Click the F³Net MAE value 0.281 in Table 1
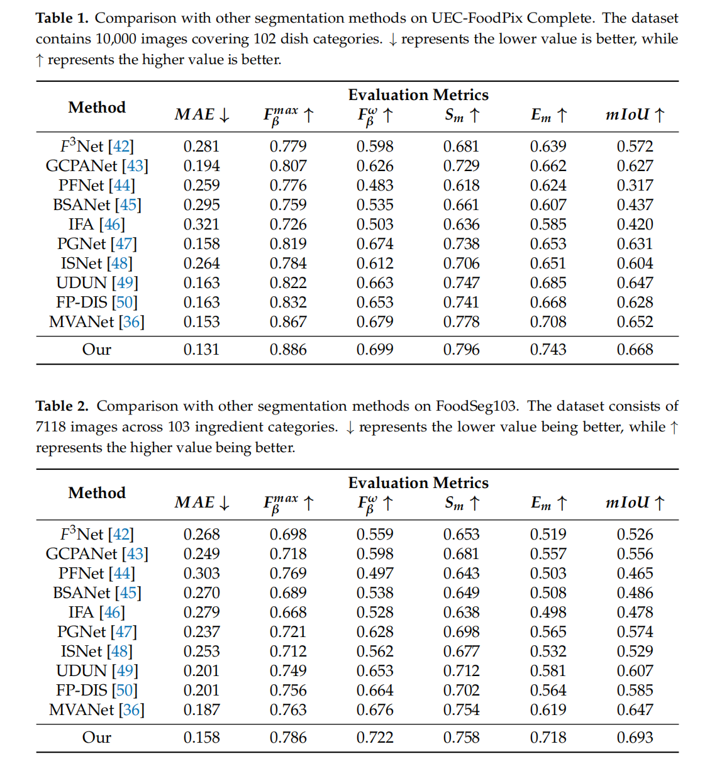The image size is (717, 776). [201, 147]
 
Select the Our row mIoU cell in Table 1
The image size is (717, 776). [635, 350]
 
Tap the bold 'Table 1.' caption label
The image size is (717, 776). [62, 18]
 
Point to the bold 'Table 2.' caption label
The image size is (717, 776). [62, 406]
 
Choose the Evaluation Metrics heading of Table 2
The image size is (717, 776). [418, 483]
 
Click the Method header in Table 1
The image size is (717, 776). [97, 108]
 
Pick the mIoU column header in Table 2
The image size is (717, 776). [635, 503]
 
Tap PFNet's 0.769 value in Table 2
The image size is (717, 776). [288, 574]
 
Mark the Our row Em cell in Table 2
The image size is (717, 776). [548, 738]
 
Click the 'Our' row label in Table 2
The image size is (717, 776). [97, 738]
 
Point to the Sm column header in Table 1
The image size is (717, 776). [462, 115]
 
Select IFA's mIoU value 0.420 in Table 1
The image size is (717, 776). [635, 224]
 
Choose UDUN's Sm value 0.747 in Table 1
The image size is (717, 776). [461, 283]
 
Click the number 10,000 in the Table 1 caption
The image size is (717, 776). [116, 39]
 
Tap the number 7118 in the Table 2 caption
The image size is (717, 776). [50, 427]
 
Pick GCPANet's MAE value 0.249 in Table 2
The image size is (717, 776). [201, 554]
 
